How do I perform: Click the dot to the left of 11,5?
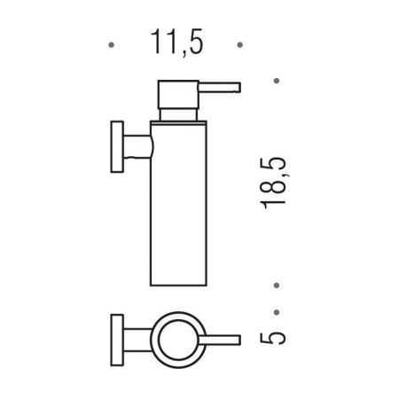(x=109, y=43)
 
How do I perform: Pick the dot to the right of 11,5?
(x=238, y=43)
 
